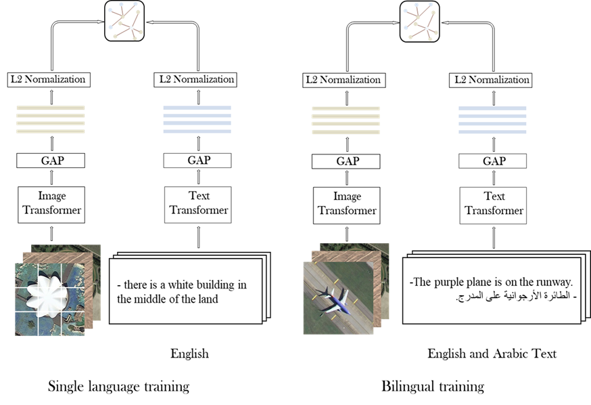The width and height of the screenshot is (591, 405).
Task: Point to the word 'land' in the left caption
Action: [x=207, y=299]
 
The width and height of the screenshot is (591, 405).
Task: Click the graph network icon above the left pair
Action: [x=126, y=20]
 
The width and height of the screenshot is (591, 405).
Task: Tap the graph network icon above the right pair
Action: [x=420, y=20]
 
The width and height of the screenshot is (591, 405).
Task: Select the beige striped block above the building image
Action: [x=51, y=119]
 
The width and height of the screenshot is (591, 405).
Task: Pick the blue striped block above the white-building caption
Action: [x=197, y=119]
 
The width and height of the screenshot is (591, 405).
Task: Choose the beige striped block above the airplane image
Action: [x=346, y=119]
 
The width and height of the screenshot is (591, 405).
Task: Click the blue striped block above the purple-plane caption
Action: [x=492, y=119]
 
